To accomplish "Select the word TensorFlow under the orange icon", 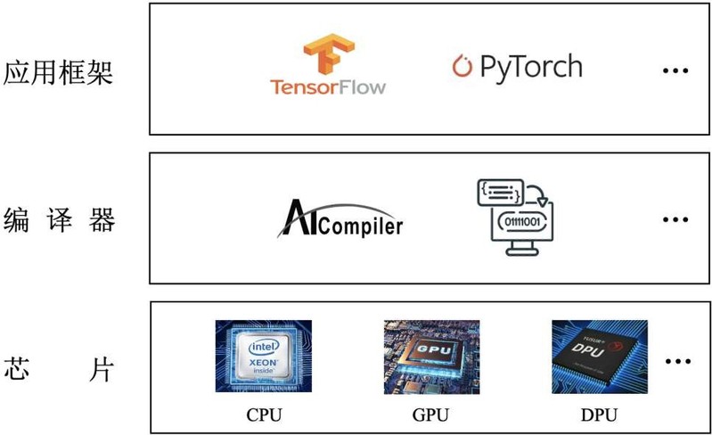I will (x=329, y=87).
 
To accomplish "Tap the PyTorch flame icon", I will (x=462, y=66).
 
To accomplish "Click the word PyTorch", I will (x=530, y=66).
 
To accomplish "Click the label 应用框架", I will (x=59, y=71).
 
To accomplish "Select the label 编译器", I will (x=59, y=219).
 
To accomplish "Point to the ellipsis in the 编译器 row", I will (x=675, y=218).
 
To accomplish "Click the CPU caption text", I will (x=264, y=414).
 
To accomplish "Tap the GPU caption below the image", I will (x=431, y=414).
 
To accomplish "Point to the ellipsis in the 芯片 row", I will (x=677, y=362).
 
